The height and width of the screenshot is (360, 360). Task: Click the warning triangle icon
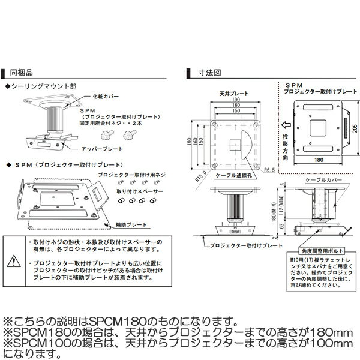14,260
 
